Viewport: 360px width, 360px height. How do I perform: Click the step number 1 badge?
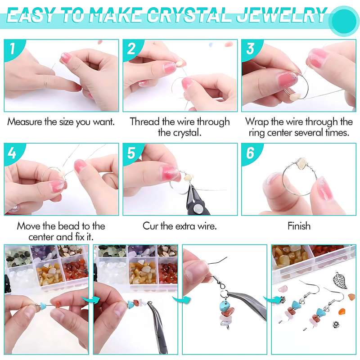(12, 49)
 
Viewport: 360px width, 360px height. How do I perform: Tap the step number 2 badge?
(131, 49)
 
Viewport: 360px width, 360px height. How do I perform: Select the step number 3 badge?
(250, 49)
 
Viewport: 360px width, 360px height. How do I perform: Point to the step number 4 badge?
(12, 153)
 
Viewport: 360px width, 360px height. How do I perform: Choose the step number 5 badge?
(131, 153)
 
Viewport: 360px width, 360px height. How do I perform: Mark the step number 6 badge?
(250, 153)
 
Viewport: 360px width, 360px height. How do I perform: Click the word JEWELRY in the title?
(282, 15)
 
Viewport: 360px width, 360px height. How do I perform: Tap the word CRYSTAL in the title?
(189, 15)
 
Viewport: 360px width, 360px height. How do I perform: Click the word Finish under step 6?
(299, 226)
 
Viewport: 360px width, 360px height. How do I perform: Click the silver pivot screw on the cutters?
(198, 209)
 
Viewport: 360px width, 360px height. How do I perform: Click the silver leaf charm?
(341, 280)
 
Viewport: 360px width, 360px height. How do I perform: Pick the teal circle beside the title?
(344, 20)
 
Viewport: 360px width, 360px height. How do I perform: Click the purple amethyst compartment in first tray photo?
(44, 253)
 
